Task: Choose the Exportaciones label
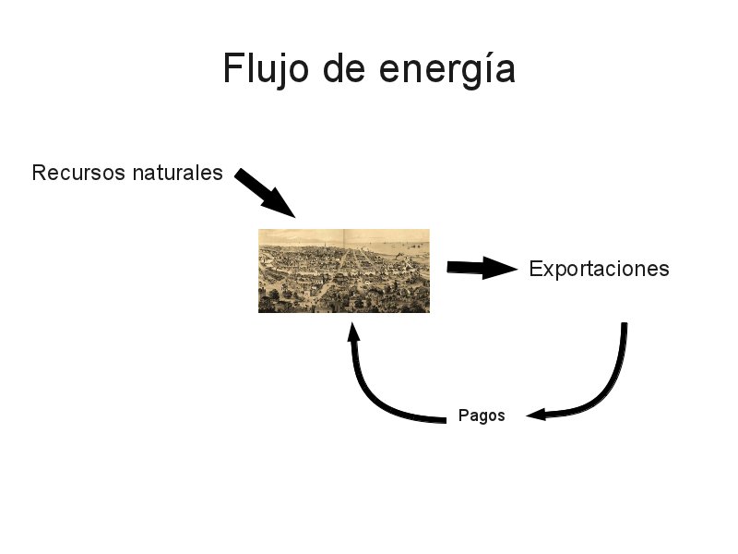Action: click(x=599, y=270)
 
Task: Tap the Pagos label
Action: click(x=482, y=415)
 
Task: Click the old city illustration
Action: click(x=343, y=271)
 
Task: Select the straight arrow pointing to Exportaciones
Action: click(x=480, y=268)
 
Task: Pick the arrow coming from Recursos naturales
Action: click(x=263, y=191)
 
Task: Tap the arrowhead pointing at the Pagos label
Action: click(x=536, y=415)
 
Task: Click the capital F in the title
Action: click(x=232, y=70)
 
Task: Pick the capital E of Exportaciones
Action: click(x=536, y=270)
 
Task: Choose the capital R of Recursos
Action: click(x=39, y=173)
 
